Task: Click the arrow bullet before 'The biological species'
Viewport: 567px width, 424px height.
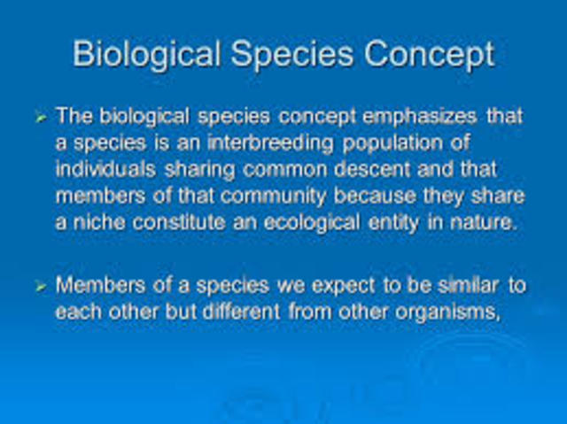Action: tap(40, 116)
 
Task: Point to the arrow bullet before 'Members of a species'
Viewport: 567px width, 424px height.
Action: tap(40, 286)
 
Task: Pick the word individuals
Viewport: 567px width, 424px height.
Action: tap(102, 169)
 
